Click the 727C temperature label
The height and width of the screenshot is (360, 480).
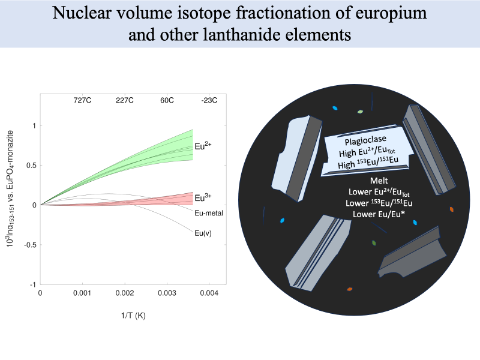coord(82,101)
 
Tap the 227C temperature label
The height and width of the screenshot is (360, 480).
coord(124,101)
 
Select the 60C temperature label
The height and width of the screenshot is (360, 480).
coord(166,101)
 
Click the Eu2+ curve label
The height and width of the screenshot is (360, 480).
coord(203,146)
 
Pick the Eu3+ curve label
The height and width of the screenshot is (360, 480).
coord(203,197)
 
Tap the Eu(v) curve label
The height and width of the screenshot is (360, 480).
coord(203,232)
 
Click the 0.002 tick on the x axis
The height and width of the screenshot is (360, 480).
coord(124,293)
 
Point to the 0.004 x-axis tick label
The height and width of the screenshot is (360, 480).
coord(208,293)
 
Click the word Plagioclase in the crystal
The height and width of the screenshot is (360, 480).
coord(365,142)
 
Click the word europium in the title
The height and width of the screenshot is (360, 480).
coord(390,14)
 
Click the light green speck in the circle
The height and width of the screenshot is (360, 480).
coord(360,112)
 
